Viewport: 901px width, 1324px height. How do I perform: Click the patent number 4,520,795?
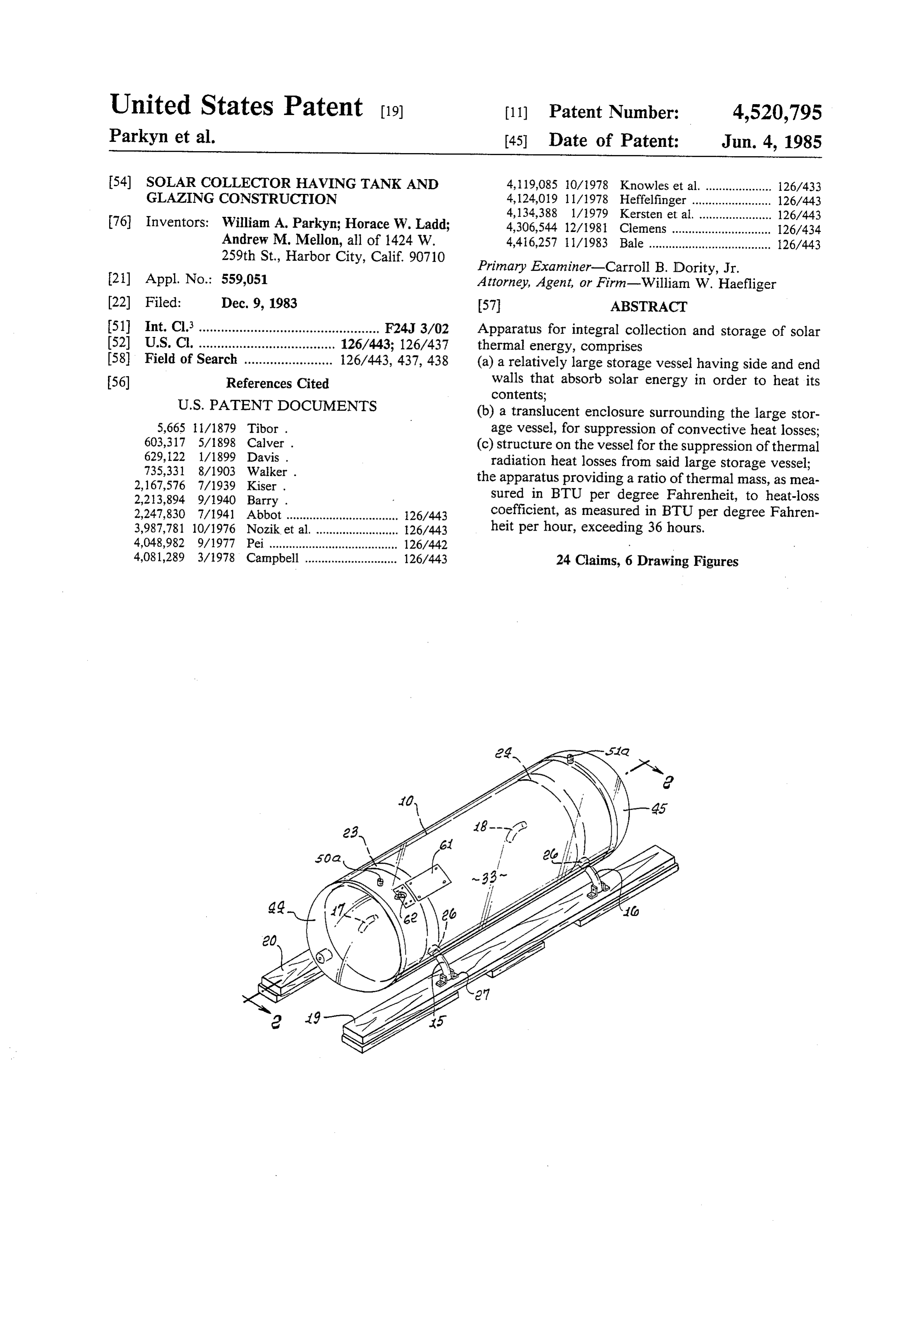point(776,112)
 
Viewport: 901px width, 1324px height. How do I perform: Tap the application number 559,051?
point(244,279)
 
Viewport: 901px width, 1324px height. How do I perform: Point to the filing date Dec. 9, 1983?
point(259,303)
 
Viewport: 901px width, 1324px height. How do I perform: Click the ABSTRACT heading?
point(649,307)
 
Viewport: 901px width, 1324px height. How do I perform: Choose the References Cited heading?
point(277,383)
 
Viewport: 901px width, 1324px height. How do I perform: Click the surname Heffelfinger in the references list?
point(653,200)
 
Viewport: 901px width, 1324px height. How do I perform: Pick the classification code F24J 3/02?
point(417,328)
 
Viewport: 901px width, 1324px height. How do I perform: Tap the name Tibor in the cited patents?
point(263,429)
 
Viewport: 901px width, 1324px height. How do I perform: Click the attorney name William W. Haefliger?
point(709,284)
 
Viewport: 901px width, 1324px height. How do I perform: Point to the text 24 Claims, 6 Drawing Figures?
point(647,561)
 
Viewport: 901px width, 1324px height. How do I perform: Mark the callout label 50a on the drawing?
point(327,858)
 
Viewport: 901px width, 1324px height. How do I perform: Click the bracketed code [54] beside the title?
point(120,183)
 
